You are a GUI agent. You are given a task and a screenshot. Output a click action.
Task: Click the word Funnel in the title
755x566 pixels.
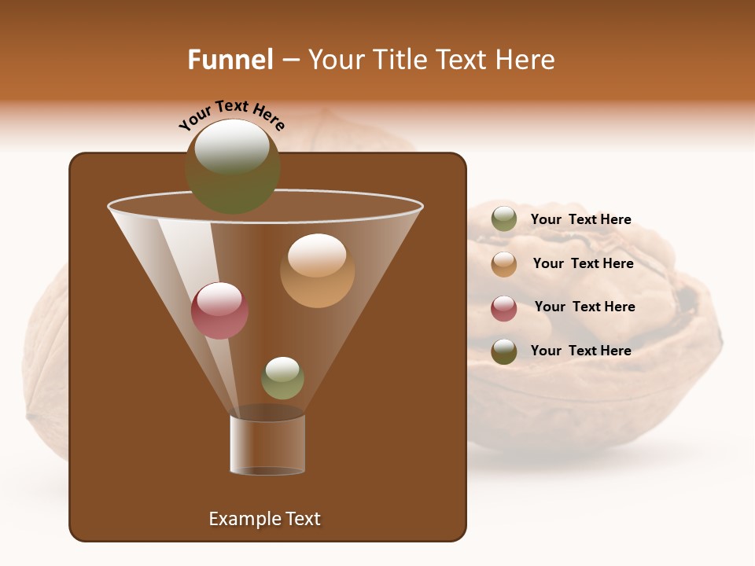[x=230, y=60]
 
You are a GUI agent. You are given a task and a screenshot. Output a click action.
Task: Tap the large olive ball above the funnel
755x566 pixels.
[x=233, y=167]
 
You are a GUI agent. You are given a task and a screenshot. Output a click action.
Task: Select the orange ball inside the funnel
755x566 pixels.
[x=317, y=270]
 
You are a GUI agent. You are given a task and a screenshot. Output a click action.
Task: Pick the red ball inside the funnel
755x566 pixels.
[x=219, y=311]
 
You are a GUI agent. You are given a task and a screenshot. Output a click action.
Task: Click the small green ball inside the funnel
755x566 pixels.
[x=282, y=378]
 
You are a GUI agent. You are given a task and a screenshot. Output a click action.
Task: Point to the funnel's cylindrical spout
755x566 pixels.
[x=267, y=444]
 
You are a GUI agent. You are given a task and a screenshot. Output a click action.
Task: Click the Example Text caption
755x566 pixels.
[x=265, y=519]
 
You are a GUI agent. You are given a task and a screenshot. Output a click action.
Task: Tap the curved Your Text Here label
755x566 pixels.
[x=231, y=115]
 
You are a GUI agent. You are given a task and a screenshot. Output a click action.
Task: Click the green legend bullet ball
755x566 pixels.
[x=504, y=219]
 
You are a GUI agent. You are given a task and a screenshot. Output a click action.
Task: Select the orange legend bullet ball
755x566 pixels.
[x=504, y=264]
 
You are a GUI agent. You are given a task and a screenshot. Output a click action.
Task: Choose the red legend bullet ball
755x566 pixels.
[x=504, y=308]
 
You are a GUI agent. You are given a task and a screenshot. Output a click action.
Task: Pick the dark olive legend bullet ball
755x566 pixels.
[x=504, y=351]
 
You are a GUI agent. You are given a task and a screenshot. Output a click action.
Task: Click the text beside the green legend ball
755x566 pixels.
[x=581, y=219]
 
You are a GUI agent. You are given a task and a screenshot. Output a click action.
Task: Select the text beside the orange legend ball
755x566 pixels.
[x=583, y=263]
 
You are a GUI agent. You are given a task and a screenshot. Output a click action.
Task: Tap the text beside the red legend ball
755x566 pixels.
[x=584, y=307]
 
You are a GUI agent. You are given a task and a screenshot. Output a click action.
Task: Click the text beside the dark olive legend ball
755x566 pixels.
[x=581, y=351]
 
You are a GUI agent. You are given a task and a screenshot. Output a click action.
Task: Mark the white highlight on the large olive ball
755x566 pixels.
[x=232, y=146]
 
